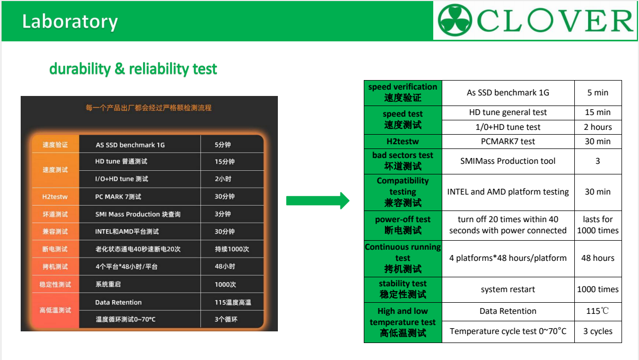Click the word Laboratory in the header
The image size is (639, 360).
pyautogui.click(x=69, y=21)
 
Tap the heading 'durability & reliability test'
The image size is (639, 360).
pyautogui.click(x=133, y=69)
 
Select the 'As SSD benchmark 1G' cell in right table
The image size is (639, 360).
pyautogui.click(x=507, y=93)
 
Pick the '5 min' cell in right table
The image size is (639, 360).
pyautogui.click(x=598, y=93)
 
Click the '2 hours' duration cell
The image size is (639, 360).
pyautogui.click(x=598, y=127)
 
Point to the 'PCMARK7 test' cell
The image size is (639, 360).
pyautogui.click(x=507, y=142)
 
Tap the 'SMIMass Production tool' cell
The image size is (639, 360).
pyautogui.click(x=507, y=161)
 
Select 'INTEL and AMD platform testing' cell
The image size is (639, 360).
pyautogui.click(x=507, y=192)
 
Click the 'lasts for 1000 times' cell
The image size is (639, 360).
pyautogui.click(x=598, y=225)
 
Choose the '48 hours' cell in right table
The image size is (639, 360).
pyautogui.click(x=598, y=258)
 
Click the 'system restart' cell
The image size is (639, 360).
pyautogui.click(x=507, y=289)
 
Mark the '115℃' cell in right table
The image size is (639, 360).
pyautogui.click(x=598, y=311)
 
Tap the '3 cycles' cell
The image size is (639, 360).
pyautogui.click(x=598, y=331)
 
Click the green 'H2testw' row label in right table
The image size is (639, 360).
pyautogui.click(x=402, y=142)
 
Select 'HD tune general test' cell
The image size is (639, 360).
pyautogui.click(x=507, y=112)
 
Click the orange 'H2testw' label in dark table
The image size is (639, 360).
pyautogui.click(x=55, y=197)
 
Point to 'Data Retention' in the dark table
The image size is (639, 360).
pyautogui.click(x=118, y=303)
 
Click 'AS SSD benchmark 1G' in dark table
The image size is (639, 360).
pyautogui.click(x=130, y=145)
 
